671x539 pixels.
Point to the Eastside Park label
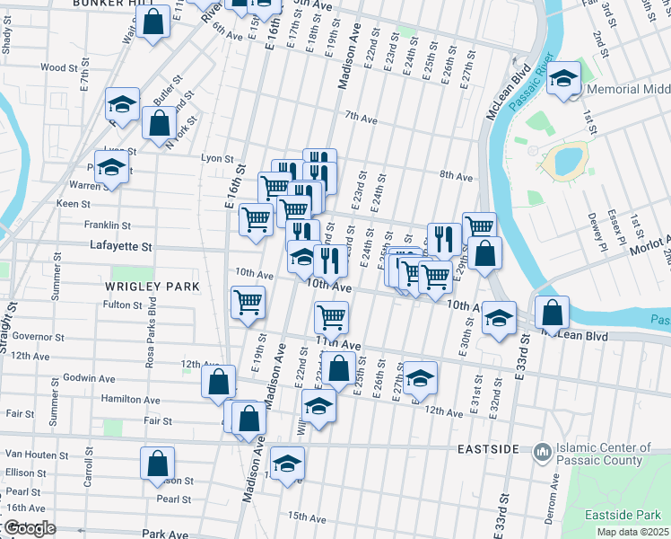[622, 515]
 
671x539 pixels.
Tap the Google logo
[29, 528]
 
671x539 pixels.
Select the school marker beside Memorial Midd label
[564, 78]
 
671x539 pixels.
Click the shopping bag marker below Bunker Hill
[154, 22]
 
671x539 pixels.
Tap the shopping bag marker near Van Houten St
[157, 464]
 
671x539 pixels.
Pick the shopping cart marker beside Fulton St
[248, 302]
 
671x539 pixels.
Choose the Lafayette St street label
[121, 245]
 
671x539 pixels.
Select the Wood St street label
[59, 67]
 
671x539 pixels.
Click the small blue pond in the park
[568, 161]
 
